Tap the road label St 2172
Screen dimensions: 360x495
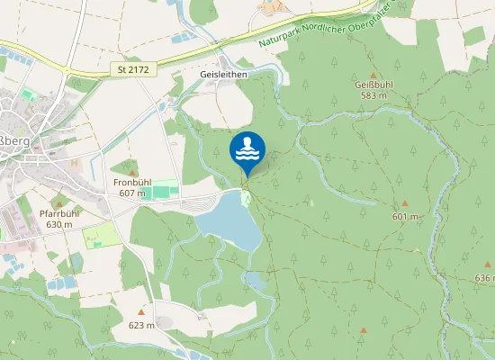(x=131, y=68)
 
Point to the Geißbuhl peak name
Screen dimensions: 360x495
(x=372, y=85)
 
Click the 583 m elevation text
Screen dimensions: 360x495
(x=372, y=95)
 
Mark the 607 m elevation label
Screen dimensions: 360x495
(x=131, y=193)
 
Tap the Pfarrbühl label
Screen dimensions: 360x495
(x=59, y=213)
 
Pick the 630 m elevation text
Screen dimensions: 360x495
(x=59, y=224)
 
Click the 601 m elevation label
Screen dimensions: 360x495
(x=406, y=217)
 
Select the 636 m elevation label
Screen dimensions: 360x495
(x=484, y=279)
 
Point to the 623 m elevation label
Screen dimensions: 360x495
(x=141, y=325)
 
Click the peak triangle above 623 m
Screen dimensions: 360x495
(x=141, y=312)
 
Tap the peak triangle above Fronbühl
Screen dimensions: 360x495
(x=132, y=171)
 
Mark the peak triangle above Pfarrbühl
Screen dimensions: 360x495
(x=59, y=202)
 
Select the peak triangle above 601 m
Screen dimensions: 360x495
(x=405, y=204)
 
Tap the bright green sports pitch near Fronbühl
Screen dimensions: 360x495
(x=165, y=191)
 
